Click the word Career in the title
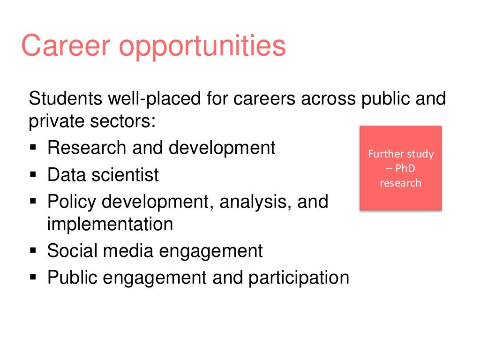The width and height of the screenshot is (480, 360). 65,46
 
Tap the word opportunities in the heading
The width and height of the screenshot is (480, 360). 202,47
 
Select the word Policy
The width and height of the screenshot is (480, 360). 72,202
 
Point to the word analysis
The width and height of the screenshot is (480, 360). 254,202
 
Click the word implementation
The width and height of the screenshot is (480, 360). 110,224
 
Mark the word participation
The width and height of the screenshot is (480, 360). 299,277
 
